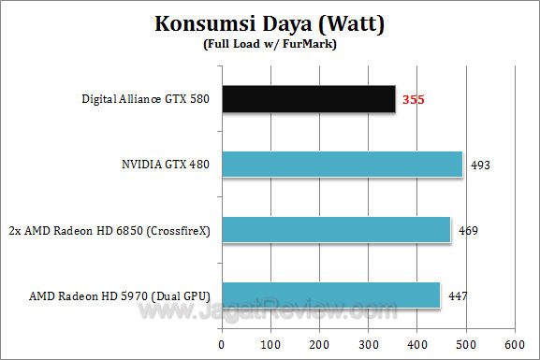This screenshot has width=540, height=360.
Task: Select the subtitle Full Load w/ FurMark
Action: (x=269, y=44)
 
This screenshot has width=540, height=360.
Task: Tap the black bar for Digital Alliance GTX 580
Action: (x=309, y=98)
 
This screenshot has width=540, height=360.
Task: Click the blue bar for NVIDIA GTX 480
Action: (x=343, y=164)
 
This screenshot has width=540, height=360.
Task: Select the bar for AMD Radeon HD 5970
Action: (x=331, y=295)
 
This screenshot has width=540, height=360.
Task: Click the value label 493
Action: (x=480, y=165)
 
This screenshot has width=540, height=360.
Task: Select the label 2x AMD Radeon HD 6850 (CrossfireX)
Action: (x=110, y=230)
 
